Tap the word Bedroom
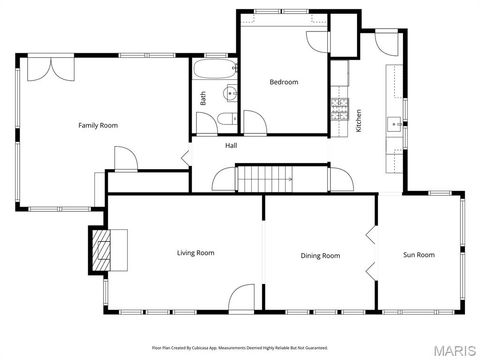point(284,82)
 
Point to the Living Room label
point(196,253)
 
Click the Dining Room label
point(320,256)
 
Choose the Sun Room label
point(419,255)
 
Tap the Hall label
point(231,146)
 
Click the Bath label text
point(203,98)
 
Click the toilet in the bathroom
point(204,122)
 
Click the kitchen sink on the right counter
point(395,125)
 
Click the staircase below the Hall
point(265,179)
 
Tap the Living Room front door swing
point(241,298)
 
